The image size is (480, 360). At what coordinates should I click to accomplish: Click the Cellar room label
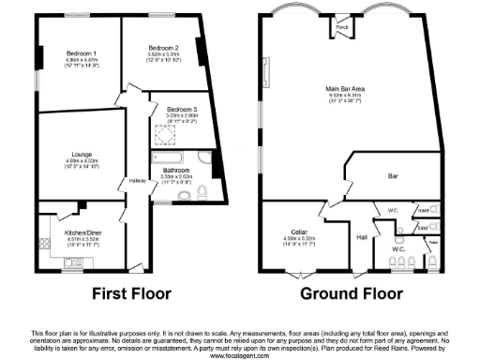point(299,232)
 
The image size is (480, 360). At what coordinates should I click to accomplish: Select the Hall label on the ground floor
point(361,237)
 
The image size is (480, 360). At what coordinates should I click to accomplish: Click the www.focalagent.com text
point(239,356)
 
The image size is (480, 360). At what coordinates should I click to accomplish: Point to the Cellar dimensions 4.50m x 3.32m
point(299,238)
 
